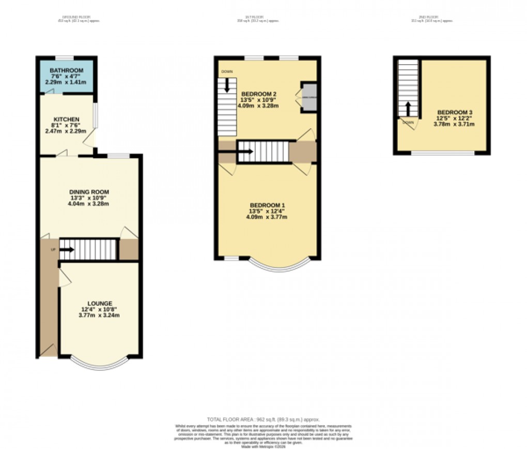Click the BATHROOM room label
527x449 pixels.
coord(66,71)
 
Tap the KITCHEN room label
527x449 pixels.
coord(67,119)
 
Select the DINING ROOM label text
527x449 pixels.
coord(89,192)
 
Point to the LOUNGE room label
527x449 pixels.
coord(100,303)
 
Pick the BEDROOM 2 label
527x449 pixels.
coord(258,94)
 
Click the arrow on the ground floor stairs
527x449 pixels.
coord(67,250)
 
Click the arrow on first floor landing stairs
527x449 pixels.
coord(245,152)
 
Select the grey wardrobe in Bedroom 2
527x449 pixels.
coord(308,97)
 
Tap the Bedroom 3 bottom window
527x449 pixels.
coord(442,153)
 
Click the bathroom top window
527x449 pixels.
coord(65,57)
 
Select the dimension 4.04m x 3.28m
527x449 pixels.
coord(89,204)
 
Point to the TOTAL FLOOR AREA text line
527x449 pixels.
coord(263,419)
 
